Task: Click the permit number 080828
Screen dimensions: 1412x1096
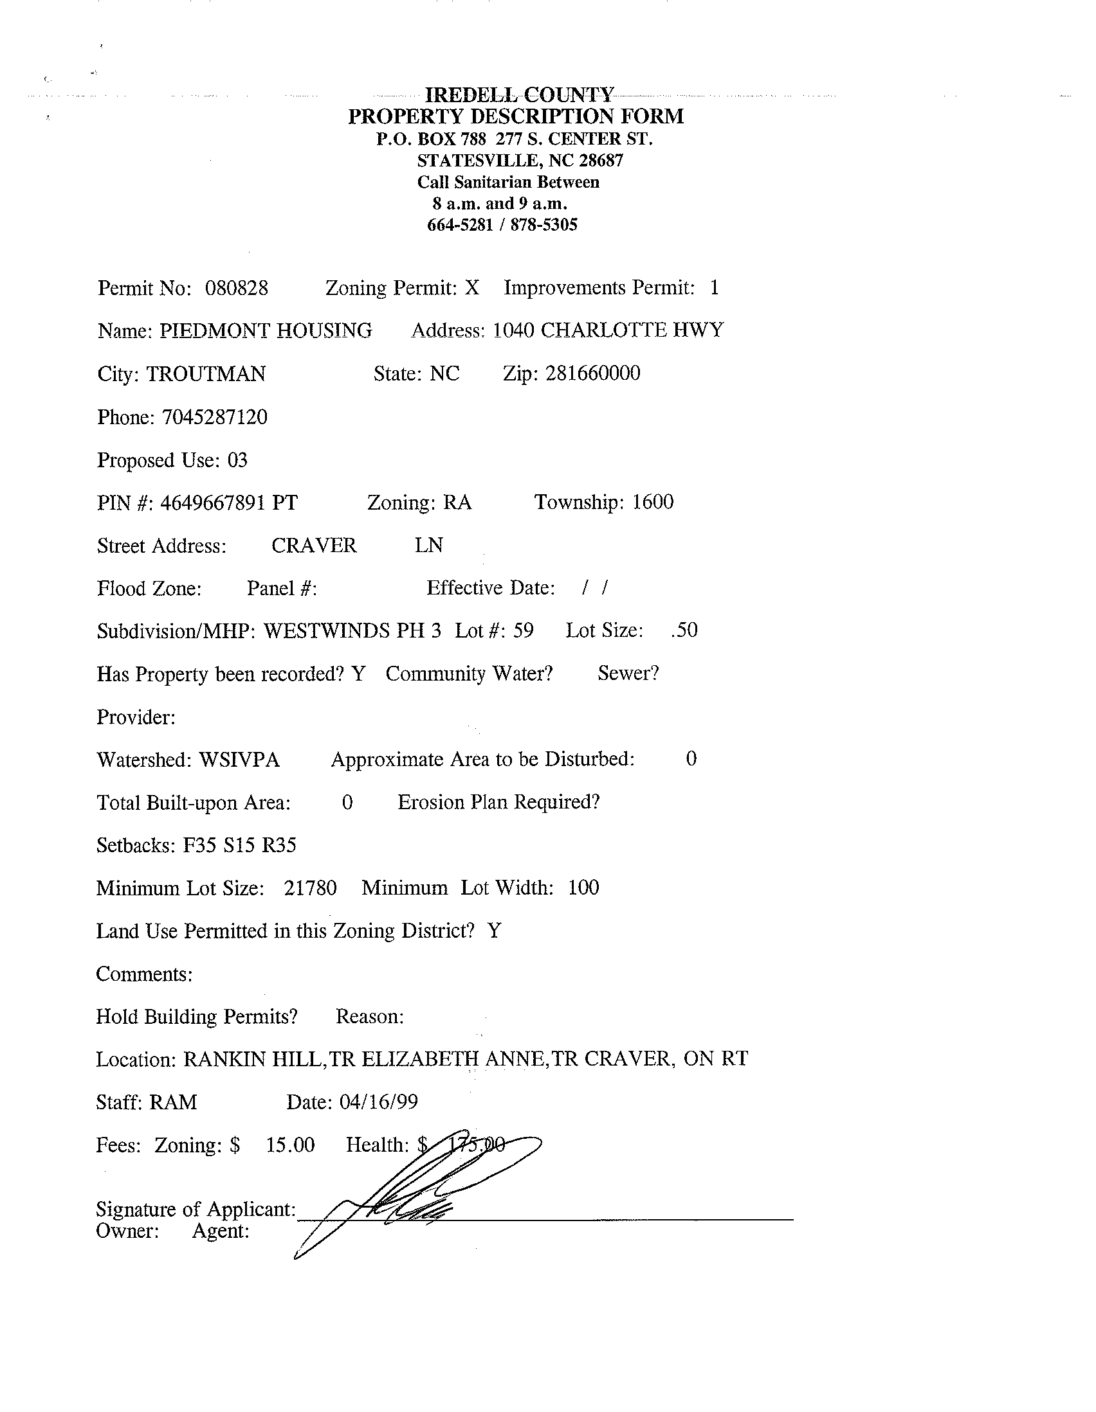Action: (236, 288)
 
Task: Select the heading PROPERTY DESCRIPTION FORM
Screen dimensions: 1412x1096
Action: (516, 117)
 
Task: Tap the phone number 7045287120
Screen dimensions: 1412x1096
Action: (214, 417)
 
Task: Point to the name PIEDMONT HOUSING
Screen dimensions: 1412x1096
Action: (266, 330)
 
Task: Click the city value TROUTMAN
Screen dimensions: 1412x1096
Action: (206, 374)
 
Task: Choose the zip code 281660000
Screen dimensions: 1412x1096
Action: (592, 373)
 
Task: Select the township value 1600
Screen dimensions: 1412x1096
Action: (652, 502)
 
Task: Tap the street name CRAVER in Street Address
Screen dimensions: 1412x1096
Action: (314, 545)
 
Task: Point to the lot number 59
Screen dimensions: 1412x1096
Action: (523, 630)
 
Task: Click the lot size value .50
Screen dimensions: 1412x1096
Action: (684, 630)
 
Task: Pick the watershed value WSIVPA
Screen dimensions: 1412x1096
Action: (239, 759)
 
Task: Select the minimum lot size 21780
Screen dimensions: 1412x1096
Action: (310, 888)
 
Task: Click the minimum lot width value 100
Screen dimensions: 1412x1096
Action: (583, 888)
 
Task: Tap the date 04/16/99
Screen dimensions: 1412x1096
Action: (378, 1102)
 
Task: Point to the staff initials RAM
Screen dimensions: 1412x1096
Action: (173, 1102)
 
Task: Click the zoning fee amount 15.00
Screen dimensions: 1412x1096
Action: (290, 1145)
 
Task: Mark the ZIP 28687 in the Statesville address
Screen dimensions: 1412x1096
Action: (600, 160)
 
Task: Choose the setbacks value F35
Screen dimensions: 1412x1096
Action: (199, 845)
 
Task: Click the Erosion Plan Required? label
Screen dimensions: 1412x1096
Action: (498, 802)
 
